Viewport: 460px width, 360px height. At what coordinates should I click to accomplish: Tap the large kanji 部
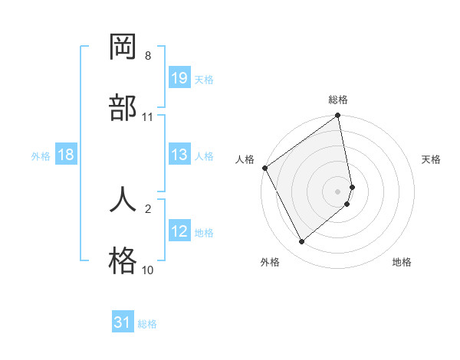pos(123,107)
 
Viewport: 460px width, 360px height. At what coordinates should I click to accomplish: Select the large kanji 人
pos(123,199)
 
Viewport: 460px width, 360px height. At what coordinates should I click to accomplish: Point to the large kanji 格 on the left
pos(123,260)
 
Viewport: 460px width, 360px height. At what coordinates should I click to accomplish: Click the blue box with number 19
pos(179,78)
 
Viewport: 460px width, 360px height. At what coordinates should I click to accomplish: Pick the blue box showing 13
pos(179,155)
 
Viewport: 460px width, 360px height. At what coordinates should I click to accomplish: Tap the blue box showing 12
pos(179,231)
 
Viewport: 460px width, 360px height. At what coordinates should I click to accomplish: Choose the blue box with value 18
pos(66,155)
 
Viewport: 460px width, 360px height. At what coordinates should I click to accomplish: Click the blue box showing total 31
pos(123,322)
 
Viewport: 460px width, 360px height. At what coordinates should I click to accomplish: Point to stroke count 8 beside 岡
pos(147,56)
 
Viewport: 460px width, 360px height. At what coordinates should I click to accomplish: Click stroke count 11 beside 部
pos(147,117)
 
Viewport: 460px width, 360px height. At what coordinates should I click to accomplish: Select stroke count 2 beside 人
pos(147,208)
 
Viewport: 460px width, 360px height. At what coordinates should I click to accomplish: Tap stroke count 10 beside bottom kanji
pos(147,270)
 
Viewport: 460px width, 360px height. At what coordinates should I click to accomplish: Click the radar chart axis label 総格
pos(338,100)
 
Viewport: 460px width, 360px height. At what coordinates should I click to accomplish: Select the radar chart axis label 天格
pos(431,159)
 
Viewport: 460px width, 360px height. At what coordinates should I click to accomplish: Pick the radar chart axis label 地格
pos(402,262)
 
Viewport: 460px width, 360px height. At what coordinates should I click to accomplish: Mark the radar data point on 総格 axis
pos(338,117)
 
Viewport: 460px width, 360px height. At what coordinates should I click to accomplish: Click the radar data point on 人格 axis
pos(264,168)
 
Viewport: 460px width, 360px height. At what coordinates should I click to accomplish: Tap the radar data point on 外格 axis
pos(301,242)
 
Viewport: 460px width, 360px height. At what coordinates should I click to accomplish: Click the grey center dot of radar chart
pos(338,191)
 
